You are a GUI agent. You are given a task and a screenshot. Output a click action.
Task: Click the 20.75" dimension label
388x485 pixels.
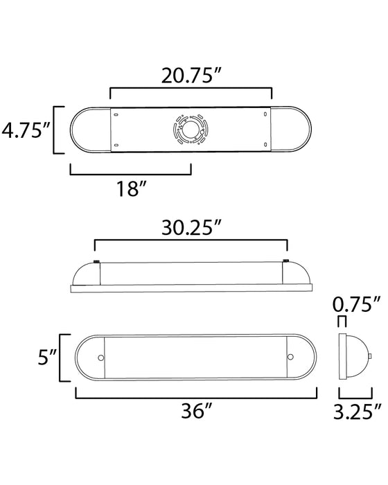pos(191,73)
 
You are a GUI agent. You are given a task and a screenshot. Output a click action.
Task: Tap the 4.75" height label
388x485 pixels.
pos(26,130)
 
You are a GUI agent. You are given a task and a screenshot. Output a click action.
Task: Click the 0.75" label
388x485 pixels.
pos(357,304)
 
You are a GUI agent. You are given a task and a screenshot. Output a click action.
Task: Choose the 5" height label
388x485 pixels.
pos(46,358)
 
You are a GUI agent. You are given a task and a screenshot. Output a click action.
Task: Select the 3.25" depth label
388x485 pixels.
pos(356,413)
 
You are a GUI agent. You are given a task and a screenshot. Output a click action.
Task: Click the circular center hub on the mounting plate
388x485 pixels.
pos(188,130)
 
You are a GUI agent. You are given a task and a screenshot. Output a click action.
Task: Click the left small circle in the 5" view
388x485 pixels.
pos(101,358)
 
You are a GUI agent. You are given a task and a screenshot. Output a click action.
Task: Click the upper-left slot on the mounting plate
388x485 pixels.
pos(116,115)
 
